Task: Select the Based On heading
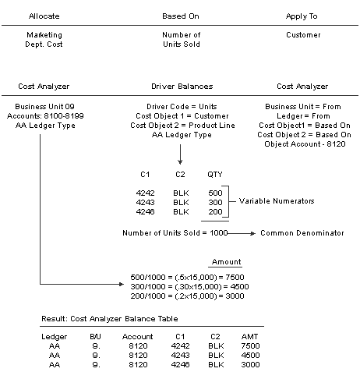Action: (x=180, y=16)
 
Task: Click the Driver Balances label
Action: (x=181, y=86)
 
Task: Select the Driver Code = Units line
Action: (x=180, y=105)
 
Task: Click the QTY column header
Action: (x=215, y=175)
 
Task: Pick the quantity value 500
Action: (x=215, y=192)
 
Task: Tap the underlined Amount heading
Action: (x=226, y=262)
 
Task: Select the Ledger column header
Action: (x=53, y=336)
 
